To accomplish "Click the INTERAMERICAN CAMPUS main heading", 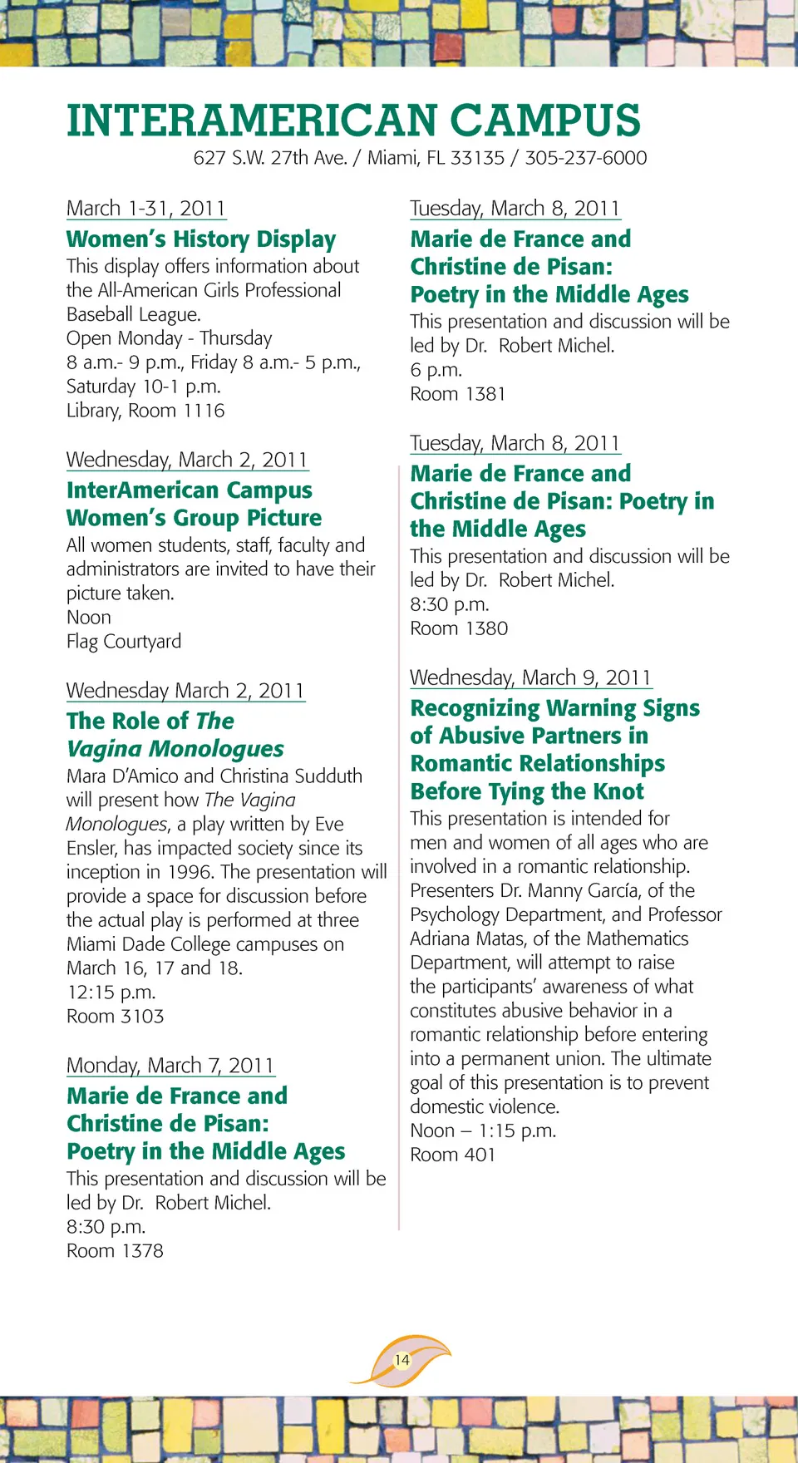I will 353,121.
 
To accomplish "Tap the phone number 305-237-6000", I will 585,158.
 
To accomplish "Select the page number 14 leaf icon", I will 402,1360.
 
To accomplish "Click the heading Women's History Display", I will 201,239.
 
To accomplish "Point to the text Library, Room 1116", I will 145,411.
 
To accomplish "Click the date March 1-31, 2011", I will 145,209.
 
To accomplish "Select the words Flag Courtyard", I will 124,642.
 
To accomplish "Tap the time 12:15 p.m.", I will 111,993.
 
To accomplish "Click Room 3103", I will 116,1017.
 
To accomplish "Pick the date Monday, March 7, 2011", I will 170,1066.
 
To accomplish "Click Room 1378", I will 115,1251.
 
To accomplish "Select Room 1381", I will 458,394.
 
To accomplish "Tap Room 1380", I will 459,628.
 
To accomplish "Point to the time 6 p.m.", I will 436,370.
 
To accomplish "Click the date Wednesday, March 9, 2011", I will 530,677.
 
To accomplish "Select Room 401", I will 452,1155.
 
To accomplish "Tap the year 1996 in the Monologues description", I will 190,872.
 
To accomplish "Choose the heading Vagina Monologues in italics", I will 175,749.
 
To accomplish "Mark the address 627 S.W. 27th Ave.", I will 270,158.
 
